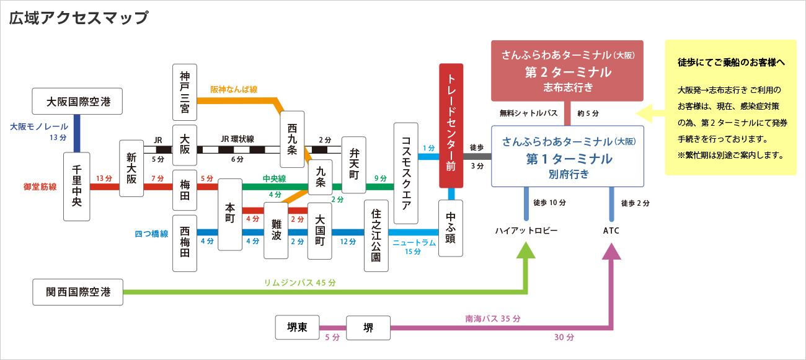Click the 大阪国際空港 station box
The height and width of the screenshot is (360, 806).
[x=76, y=100]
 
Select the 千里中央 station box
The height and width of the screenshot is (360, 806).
[x=77, y=187]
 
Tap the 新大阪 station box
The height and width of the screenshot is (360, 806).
[x=131, y=169]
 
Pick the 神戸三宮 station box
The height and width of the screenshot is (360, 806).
[x=185, y=92]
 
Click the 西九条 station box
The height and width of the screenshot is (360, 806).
[x=292, y=139]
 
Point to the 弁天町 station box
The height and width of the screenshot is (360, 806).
[x=354, y=165]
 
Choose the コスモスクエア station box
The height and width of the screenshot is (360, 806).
[x=406, y=173]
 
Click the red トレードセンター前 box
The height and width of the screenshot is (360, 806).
[x=451, y=125]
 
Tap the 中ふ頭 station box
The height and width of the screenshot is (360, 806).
[x=451, y=228]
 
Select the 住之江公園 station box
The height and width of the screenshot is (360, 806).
[x=376, y=235]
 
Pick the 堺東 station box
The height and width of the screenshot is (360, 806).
[x=298, y=327]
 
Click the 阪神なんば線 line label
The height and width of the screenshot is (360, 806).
[x=233, y=89]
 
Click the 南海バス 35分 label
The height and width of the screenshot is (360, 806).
[x=492, y=318]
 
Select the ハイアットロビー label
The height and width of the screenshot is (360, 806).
[x=526, y=230]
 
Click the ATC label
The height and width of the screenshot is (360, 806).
[x=611, y=230]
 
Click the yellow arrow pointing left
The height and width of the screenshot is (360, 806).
[x=649, y=113]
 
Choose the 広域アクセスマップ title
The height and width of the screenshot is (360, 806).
[x=79, y=17]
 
